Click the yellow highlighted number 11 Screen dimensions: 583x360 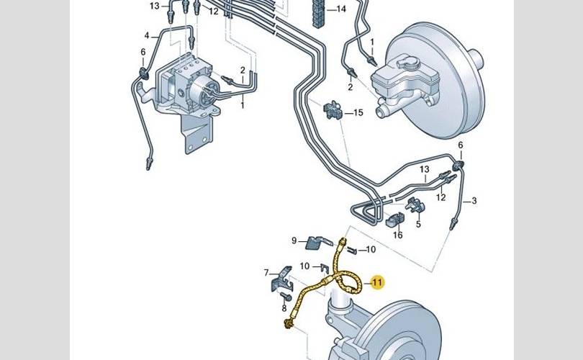[377, 283]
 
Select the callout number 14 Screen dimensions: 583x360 [341, 9]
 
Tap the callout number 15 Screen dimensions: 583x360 [358, 113]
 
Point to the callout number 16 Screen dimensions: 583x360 [398, 235]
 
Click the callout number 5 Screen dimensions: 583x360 [418, 224]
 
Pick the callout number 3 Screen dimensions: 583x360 [474, 201]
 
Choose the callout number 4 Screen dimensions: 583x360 [147, 36]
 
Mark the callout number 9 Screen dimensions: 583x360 [294, 241]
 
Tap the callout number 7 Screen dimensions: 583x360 [266, 273]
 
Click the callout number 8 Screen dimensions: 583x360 [284, 308]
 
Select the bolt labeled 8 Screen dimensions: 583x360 [285, 297]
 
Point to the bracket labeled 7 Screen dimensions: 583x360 [281, 279]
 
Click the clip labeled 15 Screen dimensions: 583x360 [332, 110]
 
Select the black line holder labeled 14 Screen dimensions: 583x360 [319, 14]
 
